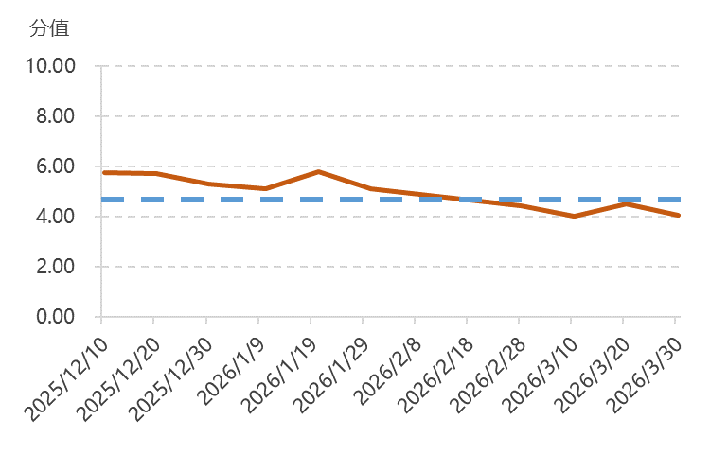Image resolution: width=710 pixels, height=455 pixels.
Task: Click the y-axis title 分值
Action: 49,28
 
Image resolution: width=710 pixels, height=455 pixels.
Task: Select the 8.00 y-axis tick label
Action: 56,116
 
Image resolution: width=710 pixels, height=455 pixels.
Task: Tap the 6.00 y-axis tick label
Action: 56,166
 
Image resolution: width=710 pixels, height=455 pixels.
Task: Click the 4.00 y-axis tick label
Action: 56,217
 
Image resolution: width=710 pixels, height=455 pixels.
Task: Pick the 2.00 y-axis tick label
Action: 56,267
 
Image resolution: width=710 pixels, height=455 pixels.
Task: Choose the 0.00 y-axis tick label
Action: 56,317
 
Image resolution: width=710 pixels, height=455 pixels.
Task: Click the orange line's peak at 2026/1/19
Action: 319,171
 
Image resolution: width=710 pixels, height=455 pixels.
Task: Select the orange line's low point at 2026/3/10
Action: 573,217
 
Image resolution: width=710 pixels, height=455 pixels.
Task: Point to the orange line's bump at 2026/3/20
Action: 625,204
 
